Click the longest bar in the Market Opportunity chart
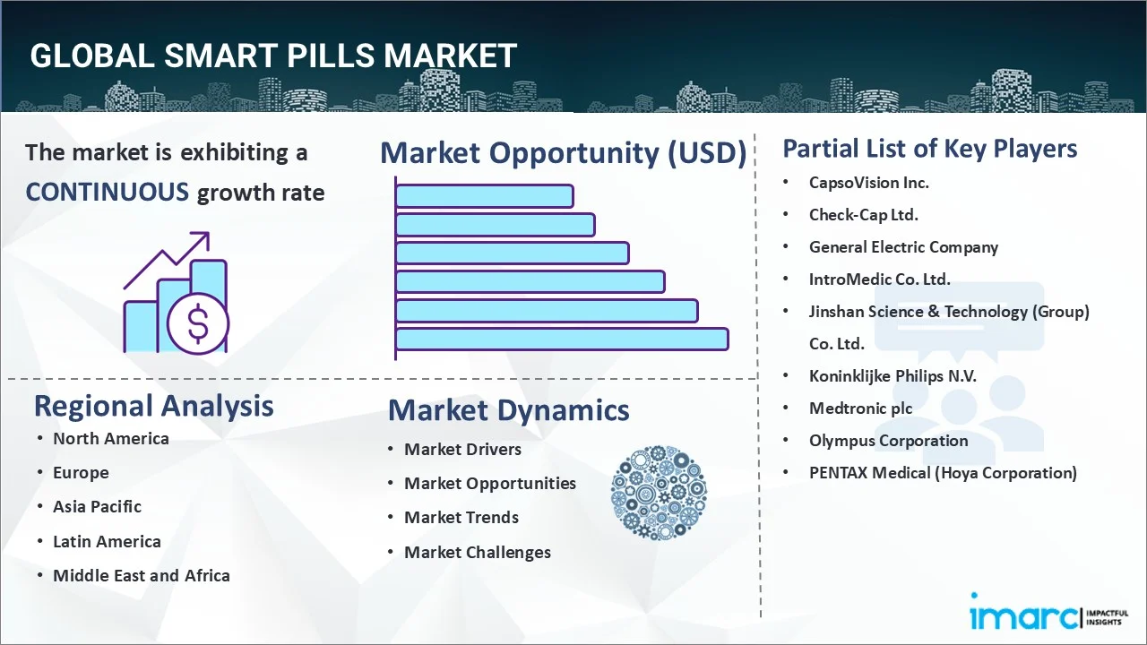pyautogui.click(x=562, y=340)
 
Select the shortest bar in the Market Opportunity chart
pyautogui.click(x=484, y=195)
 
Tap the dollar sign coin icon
pyautogui.click(x=198, y=324)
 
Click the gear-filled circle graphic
pyautogui.click(x=659, y=493)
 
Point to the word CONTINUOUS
pyautogui.click(x=108, y=192)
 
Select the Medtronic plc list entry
pyautogui.click(x=860, y=408)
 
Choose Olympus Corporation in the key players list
pyautogui.click(x=888, y=441)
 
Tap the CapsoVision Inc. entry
pyautogui.click(x=868, y=183)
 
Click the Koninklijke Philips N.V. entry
pyautogui.click(x=893, y=376)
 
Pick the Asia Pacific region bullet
pyautogui.click(x=97, y=507)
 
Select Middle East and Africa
pyautogui.click(x=141, y=576)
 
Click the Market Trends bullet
pyautogui.click(x=461, y=518)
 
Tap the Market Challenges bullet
pyautogui.click(x=477, y=553)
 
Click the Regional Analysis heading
pyautogui.click(x=153, y=406)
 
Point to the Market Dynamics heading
pyautogui.click(x=508, y=410)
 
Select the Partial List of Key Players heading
pyautogui.click(x=929, y=148)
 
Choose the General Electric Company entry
pyautogui.click(x=903, y=247)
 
